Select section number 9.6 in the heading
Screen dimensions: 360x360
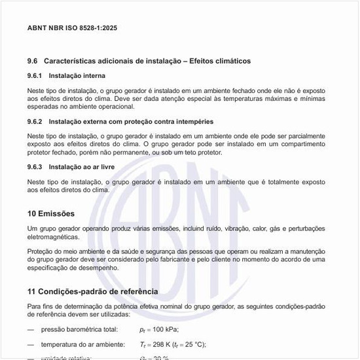coord(33,61)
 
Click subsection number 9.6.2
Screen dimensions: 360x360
coord(35,122)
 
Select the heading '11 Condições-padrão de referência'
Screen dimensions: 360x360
coord(92,291)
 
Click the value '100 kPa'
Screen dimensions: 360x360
coord(164,329)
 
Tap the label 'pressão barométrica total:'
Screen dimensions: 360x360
coord(79,329)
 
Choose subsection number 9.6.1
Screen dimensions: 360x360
coord(35,76)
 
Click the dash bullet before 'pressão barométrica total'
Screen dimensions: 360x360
coord(31,329)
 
